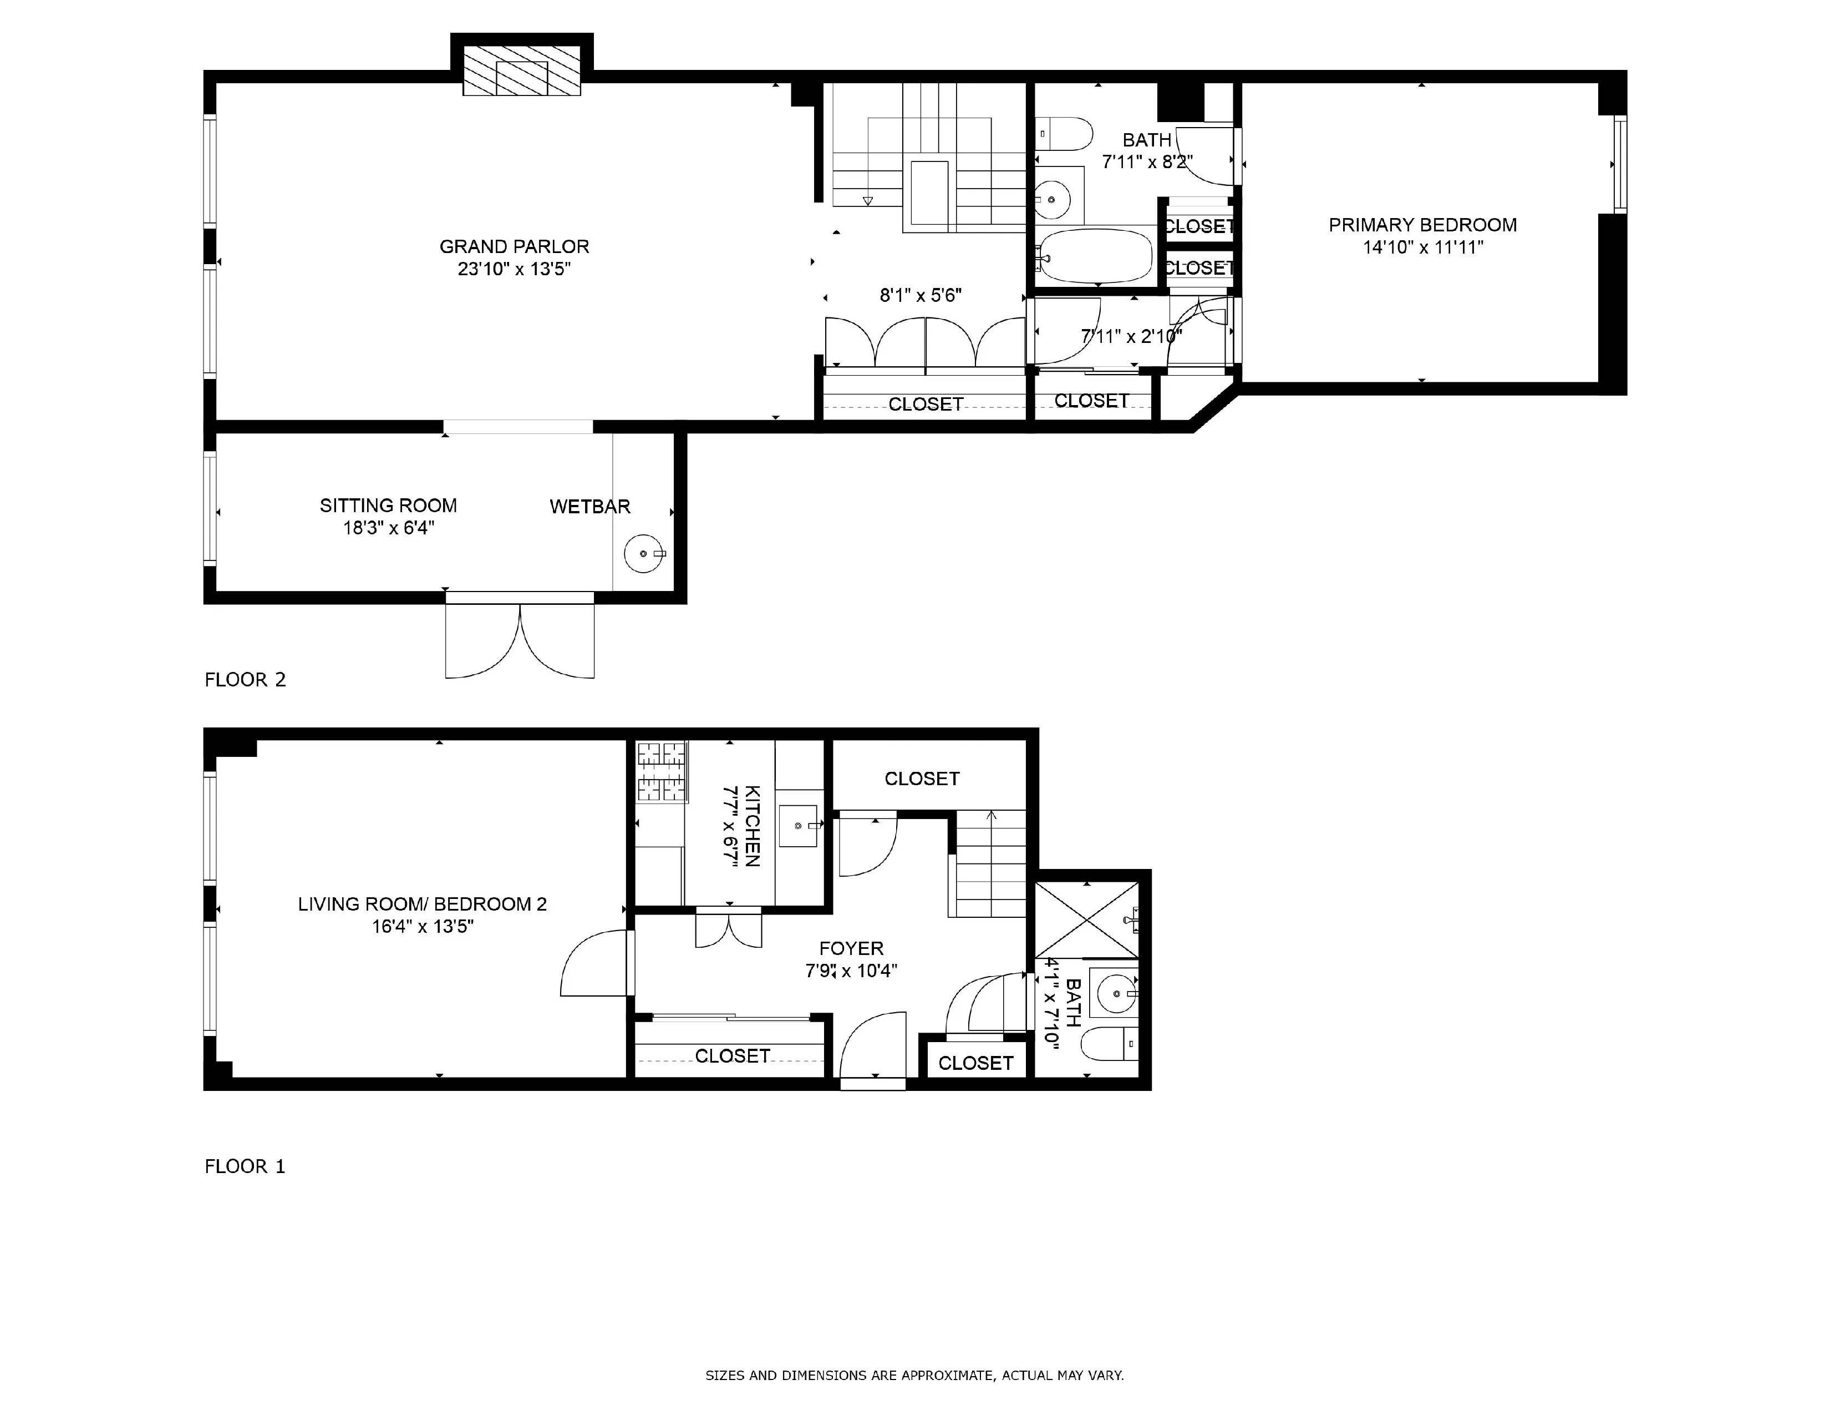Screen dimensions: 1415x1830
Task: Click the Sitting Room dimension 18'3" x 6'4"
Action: (x=388, y=528)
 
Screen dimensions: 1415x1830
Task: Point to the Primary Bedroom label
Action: (x=1422, y=225)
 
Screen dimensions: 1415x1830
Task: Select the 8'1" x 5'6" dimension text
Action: (x=920, y=295)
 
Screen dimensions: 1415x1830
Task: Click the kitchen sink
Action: (x=797, y=826)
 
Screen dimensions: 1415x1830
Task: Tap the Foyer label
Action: (x=851, y=948)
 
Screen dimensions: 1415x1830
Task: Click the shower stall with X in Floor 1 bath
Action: (x=1087, y=919)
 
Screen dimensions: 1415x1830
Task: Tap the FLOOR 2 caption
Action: (x=245, y=680)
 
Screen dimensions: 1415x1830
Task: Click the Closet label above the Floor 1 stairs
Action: (x=922, y=779)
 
